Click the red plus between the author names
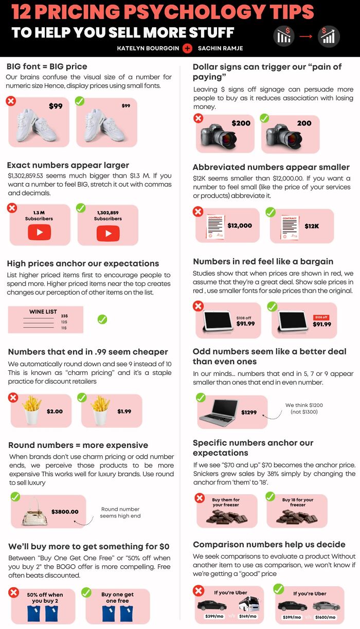point(187,48)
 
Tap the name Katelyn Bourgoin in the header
point(148,48)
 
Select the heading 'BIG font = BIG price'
point(47,66)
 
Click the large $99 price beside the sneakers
point(56,106)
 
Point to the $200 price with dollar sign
point(241,123)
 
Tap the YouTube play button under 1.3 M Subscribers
point(39,232)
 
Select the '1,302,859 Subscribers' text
point(107,215)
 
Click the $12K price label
point(312,226)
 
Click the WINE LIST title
point(43,312)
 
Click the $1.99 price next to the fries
point(124,411)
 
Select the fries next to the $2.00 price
point(32,409)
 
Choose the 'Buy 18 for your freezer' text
point(297,502)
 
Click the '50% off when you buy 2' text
point(45,598)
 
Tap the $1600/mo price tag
point(325,617)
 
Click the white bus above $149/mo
point(247,605)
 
